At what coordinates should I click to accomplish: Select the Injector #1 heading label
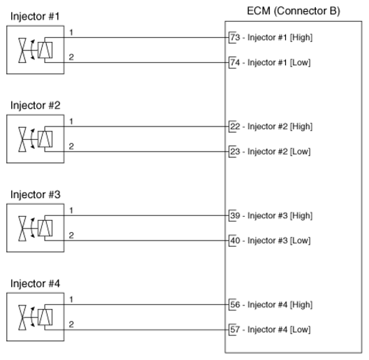coord(35,15)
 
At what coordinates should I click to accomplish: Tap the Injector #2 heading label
coord(35,105)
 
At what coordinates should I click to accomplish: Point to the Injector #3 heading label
coord(35,194)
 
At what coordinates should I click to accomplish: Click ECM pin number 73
coord(235,37)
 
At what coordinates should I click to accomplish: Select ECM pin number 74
coord(235,62)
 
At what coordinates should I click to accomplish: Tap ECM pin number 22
coord(235,127)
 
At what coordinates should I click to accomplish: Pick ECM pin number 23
coord(235,151)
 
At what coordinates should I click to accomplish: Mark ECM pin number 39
coord(235,215)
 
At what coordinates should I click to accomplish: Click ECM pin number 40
coord(235,240)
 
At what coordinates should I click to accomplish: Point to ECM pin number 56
coord(235,305)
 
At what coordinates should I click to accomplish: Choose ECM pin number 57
coord(235,329)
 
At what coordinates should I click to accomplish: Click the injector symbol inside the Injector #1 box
coord(34,50)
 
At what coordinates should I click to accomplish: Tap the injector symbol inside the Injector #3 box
coord(34,229)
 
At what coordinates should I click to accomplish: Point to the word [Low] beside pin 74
coord(301,62)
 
